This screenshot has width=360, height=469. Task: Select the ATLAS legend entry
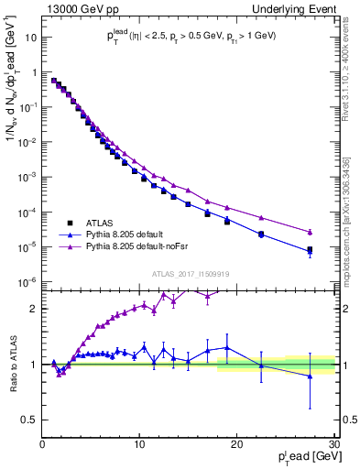click(x=100, y=222)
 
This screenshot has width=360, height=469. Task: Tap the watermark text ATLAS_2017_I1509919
click(x=190, y=273)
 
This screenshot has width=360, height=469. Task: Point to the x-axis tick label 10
click(x=139, y=444)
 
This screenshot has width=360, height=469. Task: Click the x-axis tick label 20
click(x=237, y=444)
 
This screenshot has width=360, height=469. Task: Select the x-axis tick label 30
click(x=333, y=444)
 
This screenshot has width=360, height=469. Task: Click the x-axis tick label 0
click(x=43, y=444)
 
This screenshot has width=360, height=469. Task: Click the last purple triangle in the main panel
click(x=310, y=232)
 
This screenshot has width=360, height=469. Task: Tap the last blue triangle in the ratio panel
click(x=310, y=376)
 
